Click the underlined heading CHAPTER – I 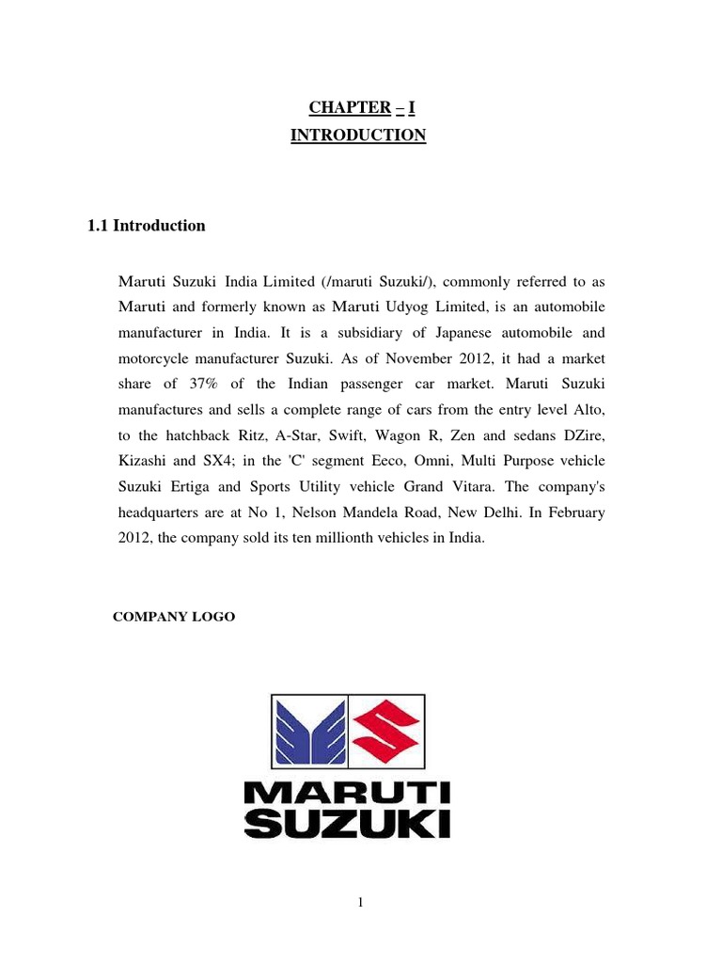click(357, 108)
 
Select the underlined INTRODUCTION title click(357, 135)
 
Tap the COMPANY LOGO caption click(174, 617)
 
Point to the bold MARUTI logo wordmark click(347, 793)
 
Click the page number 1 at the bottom click(360, 904)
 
